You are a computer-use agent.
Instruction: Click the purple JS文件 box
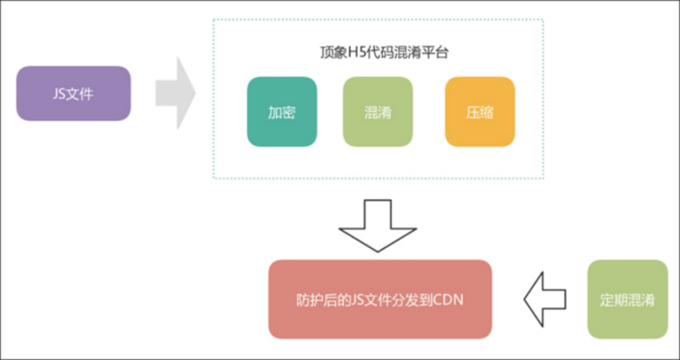point(74,94)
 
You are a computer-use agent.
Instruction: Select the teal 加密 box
point(282,112)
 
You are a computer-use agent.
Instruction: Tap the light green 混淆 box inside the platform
point(378,112)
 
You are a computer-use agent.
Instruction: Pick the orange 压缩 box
point(480,112)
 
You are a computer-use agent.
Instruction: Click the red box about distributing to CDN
point(380,299)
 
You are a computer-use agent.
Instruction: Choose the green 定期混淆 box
point(627,299)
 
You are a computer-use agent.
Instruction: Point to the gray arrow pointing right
point(176,94)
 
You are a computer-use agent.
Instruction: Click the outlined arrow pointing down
point(377,226)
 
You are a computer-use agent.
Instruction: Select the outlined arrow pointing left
point(545,299)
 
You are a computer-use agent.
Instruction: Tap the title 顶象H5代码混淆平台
point(384,52)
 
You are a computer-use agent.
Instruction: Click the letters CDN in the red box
point(448,299)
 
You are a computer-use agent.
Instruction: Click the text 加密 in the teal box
point(282,112)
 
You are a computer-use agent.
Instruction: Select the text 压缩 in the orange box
point(479,112)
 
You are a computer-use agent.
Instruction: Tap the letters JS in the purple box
point(59,94)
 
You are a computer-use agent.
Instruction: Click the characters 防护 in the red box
point(309,300)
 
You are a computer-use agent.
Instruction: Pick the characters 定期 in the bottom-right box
point(614,300)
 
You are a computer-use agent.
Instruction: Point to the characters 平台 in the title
point(436,52)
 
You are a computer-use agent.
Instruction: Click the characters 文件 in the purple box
point(79,94)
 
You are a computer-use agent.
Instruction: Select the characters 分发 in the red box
point(405,300)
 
